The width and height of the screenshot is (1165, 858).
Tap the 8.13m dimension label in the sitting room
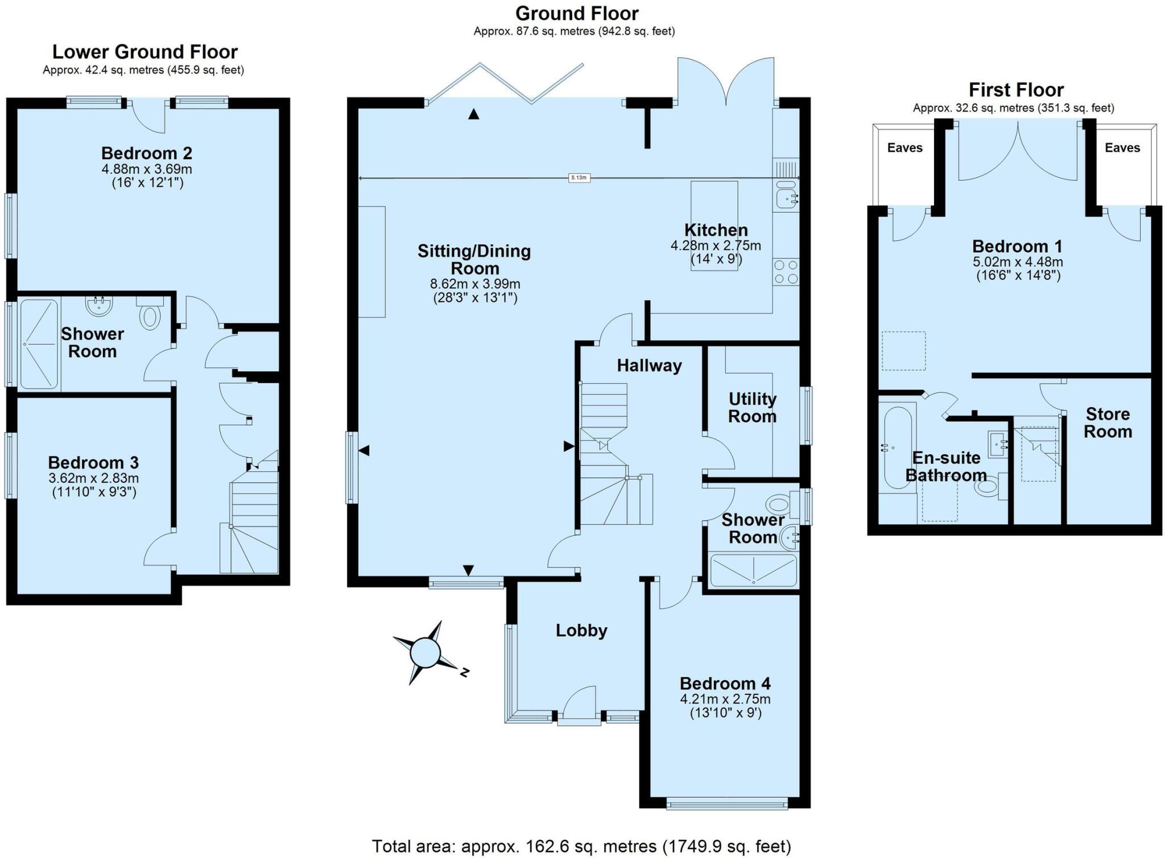[x=579, y=178]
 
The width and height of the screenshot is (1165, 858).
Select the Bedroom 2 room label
[x=147, y=153]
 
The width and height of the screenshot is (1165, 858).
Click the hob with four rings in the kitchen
[x=786, y=272]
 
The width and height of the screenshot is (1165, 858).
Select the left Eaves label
[x=904, y=148]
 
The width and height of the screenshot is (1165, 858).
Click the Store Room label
[x=1107, y=422]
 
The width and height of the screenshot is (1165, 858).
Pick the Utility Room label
[x=752, y=408]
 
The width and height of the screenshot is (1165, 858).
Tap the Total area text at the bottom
[x=581, y=846]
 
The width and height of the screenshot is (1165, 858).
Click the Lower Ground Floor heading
[x=144, y=52]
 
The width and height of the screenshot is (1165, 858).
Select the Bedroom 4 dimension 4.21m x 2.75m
[x=725, y=699]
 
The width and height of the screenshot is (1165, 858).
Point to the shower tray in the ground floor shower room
[x=753, y=570]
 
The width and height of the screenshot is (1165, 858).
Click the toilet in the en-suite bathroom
[x=989, y=486]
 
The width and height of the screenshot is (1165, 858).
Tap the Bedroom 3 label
[x=93, y=462]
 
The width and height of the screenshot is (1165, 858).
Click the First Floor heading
[x=1016, y=90]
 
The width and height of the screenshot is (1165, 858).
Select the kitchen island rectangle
[x=714, y=225]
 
